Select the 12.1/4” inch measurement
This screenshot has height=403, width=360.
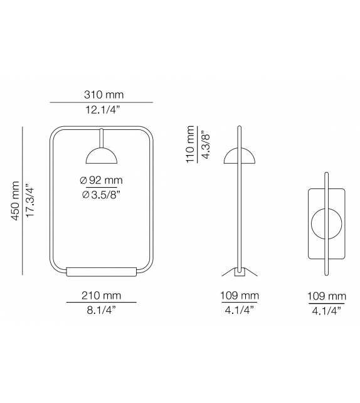tap(101, 110)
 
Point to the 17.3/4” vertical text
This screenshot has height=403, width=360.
tap(29, 200)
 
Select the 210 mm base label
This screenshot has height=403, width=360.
tap(101, 295)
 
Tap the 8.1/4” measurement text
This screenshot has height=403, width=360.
tap(101, 309)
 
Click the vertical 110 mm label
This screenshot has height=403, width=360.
tap(191, 144)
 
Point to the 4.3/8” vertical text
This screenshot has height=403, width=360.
tap(204, 144)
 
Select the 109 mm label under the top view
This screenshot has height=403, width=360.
tap(326, 295)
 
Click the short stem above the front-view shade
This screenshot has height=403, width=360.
tap(101, 139)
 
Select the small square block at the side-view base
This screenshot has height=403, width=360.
tap(239, 272)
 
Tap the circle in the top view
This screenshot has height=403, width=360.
tap(326, 223)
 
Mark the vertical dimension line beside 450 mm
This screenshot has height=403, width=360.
tap(22, 200)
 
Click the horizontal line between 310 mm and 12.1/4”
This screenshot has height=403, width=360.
tap(101, 102)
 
